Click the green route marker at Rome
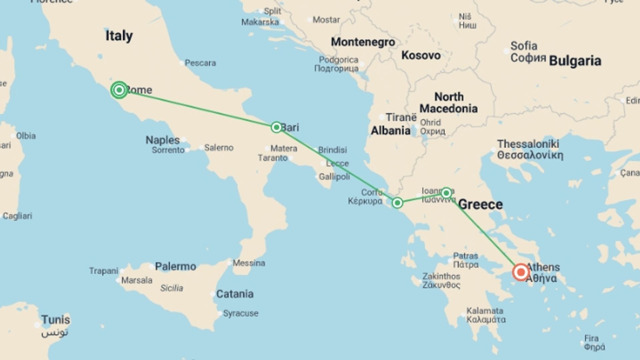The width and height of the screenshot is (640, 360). pos(119,90)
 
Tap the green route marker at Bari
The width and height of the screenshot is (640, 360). pos(276,127)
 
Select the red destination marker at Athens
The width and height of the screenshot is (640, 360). pos(520,272)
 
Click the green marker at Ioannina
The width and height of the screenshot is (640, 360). pos(446,193)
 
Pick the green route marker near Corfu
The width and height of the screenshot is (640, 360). pos(397,203)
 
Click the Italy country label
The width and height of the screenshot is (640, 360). pos(119,36)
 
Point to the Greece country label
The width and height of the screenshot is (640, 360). pos(480,204)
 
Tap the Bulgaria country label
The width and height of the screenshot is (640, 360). pos(575,61)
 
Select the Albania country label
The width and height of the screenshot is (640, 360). pos(391,130)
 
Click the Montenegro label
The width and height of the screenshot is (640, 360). pos(363,42)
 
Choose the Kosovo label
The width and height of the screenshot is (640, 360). pos(421,55)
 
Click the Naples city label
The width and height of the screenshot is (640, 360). pos(163,140)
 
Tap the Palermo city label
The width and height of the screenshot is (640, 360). pos(175,266)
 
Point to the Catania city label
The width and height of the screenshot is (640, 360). pos(235,294)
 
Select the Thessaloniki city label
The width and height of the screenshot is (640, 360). pos(528,144)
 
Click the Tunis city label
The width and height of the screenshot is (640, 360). pos(56,320)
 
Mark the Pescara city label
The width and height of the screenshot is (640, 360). pos(200,63)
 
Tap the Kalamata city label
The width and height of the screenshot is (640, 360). pos(485,311)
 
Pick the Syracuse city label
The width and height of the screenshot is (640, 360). pos(240,313)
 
